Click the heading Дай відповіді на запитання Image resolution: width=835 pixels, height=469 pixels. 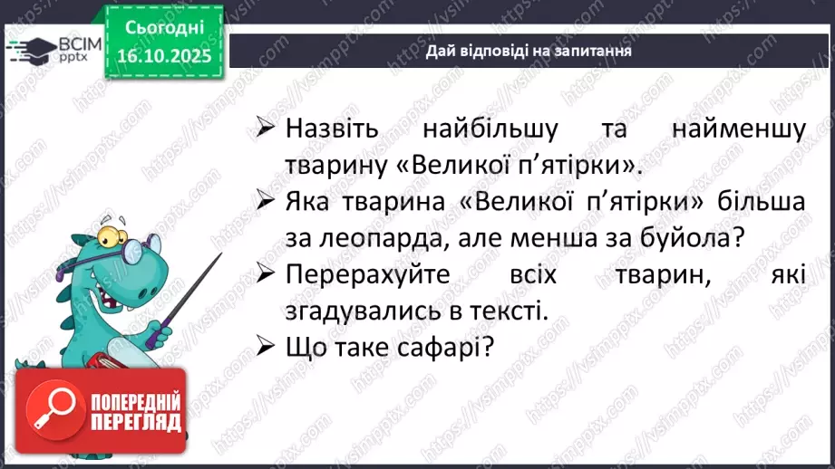[x=529, y=52]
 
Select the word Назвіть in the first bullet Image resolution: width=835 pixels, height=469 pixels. [x=329, y=129]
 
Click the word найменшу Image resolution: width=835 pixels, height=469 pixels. [x=738, y=129]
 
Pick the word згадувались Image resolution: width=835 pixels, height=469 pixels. [x=369, y=311]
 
